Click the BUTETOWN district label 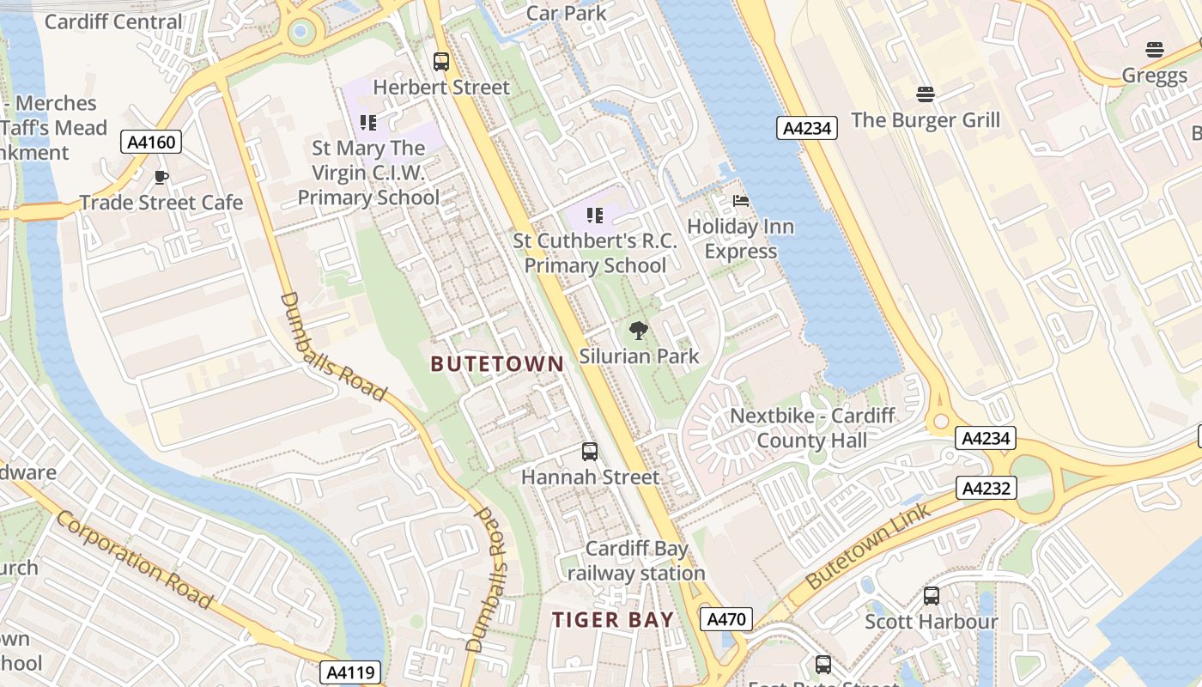(497, 364)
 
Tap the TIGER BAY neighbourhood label (612, 620)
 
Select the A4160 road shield (151, 142)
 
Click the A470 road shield (725, 619)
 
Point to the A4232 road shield (986, 489)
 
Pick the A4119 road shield (350, 672)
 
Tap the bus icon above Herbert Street (440, 62)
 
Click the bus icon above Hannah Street (590, 452)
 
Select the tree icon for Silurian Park (638, 331)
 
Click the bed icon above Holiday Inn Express (740, 201)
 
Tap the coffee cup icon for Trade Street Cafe (161, 178)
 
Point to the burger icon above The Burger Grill (925, 94)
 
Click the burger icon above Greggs (1154, 50)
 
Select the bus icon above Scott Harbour (932, 595)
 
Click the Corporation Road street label (135, 559)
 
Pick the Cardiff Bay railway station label (635, 561)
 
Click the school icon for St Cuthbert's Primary (595, 216)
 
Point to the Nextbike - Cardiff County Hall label (812, 429)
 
